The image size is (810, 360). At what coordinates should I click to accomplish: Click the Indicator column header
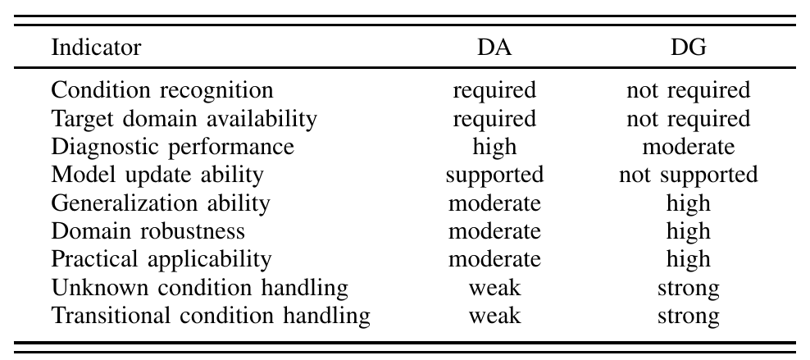point(96,48)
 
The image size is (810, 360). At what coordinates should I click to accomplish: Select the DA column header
point(494,48)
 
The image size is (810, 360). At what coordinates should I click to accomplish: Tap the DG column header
point(688,48)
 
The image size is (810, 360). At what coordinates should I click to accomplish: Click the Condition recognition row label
point(162,90)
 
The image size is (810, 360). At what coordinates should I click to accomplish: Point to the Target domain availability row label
point(184,119)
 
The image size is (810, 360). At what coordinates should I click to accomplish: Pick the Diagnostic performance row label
point(172,147)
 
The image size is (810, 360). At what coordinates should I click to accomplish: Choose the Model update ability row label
point(157,175)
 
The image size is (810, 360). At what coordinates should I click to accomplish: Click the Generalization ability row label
point(160,203)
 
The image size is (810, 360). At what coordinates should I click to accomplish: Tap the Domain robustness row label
point(148,230)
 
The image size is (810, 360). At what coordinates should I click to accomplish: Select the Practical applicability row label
point(161,259)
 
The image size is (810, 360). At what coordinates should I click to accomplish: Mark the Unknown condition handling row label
point(199,287)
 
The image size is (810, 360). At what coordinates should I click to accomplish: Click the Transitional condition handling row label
point(210,315)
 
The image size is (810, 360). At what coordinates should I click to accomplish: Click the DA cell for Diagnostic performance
point(494,147)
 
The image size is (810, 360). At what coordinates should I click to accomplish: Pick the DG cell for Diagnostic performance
point(688,147)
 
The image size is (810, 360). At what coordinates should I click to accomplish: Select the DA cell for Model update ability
point(494,175)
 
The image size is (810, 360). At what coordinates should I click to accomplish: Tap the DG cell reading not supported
point(688,175)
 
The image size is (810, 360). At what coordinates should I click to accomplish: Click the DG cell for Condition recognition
point(688,91)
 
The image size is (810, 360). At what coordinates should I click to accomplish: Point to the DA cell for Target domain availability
point(494,119)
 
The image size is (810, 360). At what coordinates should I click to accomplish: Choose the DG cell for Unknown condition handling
point(688,287)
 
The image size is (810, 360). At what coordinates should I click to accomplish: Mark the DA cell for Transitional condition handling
point(494,315)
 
